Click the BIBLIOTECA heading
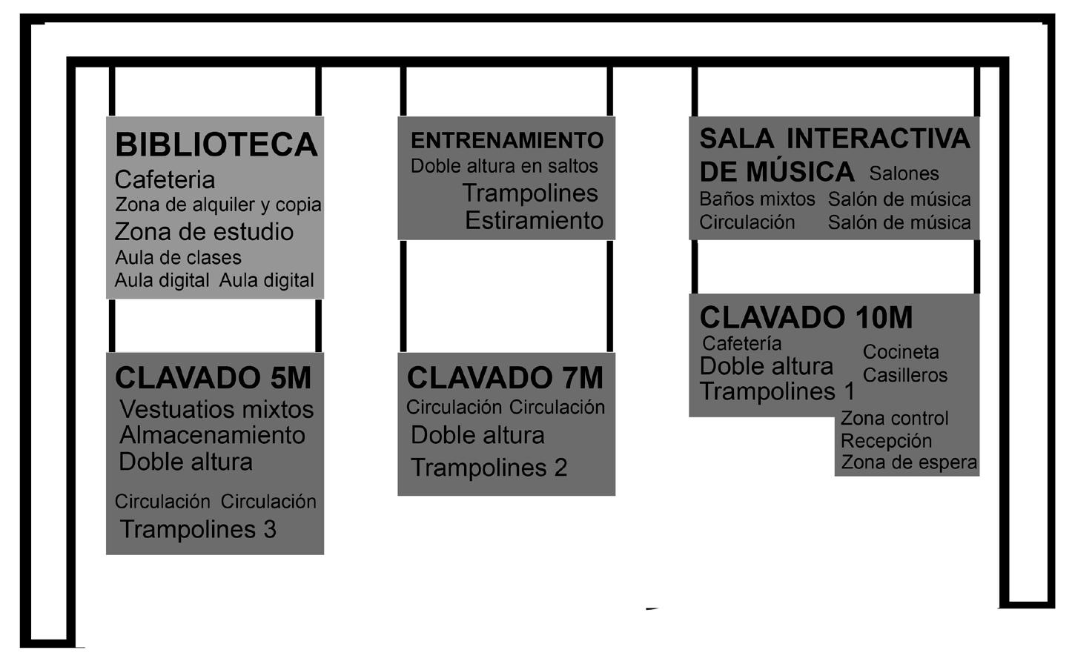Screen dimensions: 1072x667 [x=216, y=145]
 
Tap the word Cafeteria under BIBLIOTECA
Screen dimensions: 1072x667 [x=165, y=180]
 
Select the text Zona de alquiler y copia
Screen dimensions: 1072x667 [x=218, y=205]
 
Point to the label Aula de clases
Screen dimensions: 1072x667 [x=178, y=258]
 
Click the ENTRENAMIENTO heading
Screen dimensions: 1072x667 [x=507, y=140]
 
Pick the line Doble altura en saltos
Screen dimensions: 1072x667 [x=504, y=166]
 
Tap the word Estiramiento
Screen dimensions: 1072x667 [x=534, y=221]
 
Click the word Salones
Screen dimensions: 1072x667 [x=904, y=173]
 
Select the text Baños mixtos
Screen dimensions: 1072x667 [x=757, y=199]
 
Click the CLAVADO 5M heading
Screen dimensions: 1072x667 [x=213, y=378]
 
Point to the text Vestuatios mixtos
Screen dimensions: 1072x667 [x=216, y=409]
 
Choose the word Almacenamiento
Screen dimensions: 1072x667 [x=212, y=435]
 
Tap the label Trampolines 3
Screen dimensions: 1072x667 [x=198, y=529]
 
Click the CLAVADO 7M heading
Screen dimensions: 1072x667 [x=505, y=378]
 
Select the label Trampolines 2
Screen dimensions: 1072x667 [x=489, y=468]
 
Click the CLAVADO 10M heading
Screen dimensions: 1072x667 [x=806, y=318]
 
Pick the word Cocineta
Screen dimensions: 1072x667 [x=901, y=352]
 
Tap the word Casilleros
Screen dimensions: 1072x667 [x=904, y=375]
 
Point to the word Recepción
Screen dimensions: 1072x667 [x=886, y=441]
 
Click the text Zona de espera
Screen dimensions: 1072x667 [x=909, y=462]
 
